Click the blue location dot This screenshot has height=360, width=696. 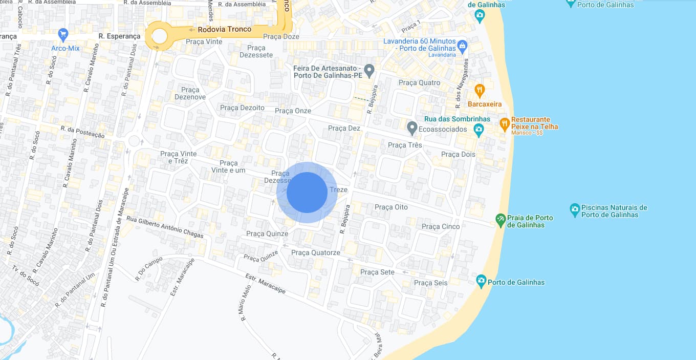click(x=307, y=193)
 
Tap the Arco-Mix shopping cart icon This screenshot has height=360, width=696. click(x=63, y=35)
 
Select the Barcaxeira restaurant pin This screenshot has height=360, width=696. click(x=479, y=91)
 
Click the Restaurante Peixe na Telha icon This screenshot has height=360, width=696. click(x=505, y=123)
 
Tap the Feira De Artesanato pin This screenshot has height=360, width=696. click(x=369, y=69)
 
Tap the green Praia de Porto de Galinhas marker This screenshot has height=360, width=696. click(x=501, y=220)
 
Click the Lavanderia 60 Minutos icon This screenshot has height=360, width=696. click(x=462, y=45)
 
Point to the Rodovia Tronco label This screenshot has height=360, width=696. click(x=225, y=29)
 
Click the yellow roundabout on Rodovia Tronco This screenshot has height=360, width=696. click(x=159, y=36)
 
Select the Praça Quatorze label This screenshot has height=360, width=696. click(x=315, y=252)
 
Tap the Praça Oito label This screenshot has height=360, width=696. click(x=391, y=207)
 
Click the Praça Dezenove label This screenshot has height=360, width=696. click(x=190, y=93)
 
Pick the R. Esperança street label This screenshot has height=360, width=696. click(x=119, y=36)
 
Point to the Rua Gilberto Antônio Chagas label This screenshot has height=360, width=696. click(x=165, y=227)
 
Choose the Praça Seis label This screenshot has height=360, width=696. click(x=430, y=283)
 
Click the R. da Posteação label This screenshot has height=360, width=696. click(x=82, y=132)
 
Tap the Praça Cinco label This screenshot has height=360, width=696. click(x=441, y=226)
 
